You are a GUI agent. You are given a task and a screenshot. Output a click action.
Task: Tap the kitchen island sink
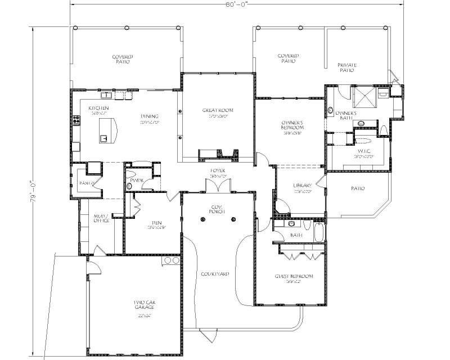pyautogui.click(x=103, y=137)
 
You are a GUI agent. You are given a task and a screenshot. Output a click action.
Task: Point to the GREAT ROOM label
pyautogui.click(x=217, y=110)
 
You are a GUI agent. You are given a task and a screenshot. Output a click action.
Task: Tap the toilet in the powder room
pyautogui.click(x=129, y=185)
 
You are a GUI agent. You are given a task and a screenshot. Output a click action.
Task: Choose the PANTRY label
pyautogui.click(x=86, y=183)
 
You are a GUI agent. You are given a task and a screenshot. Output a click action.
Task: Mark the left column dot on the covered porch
pyautogui.click(x=201, y=220)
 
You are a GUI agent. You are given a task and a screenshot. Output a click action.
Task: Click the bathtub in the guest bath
pyautogui.click(x=318, y=232)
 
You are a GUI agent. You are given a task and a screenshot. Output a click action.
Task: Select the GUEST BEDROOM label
pyautogui.click(x=293, y=276)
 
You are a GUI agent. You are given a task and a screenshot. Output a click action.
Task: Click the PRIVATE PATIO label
pyautogui.click(x=347, y=68)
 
